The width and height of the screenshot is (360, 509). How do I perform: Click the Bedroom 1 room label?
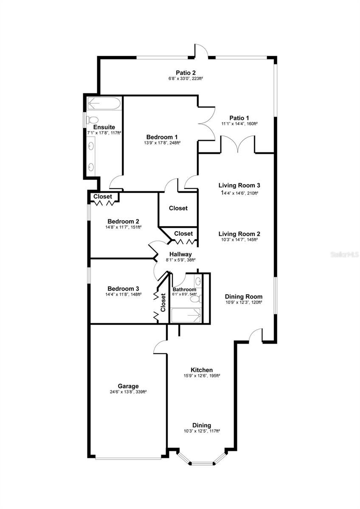pos(162,137)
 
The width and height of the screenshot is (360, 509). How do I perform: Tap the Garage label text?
pos(128,386)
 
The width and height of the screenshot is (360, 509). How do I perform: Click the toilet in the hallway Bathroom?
pos(195,299)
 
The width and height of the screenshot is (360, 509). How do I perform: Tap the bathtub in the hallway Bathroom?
pos(186,315)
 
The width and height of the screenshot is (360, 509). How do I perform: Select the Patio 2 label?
pos(186,73)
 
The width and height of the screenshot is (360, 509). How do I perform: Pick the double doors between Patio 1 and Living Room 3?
pos(238,144)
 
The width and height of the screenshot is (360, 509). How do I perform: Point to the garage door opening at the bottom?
pos(128,458)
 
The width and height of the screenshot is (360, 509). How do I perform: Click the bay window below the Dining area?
pos(202,461)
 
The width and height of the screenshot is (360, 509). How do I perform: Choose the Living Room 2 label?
pos(239,234)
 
